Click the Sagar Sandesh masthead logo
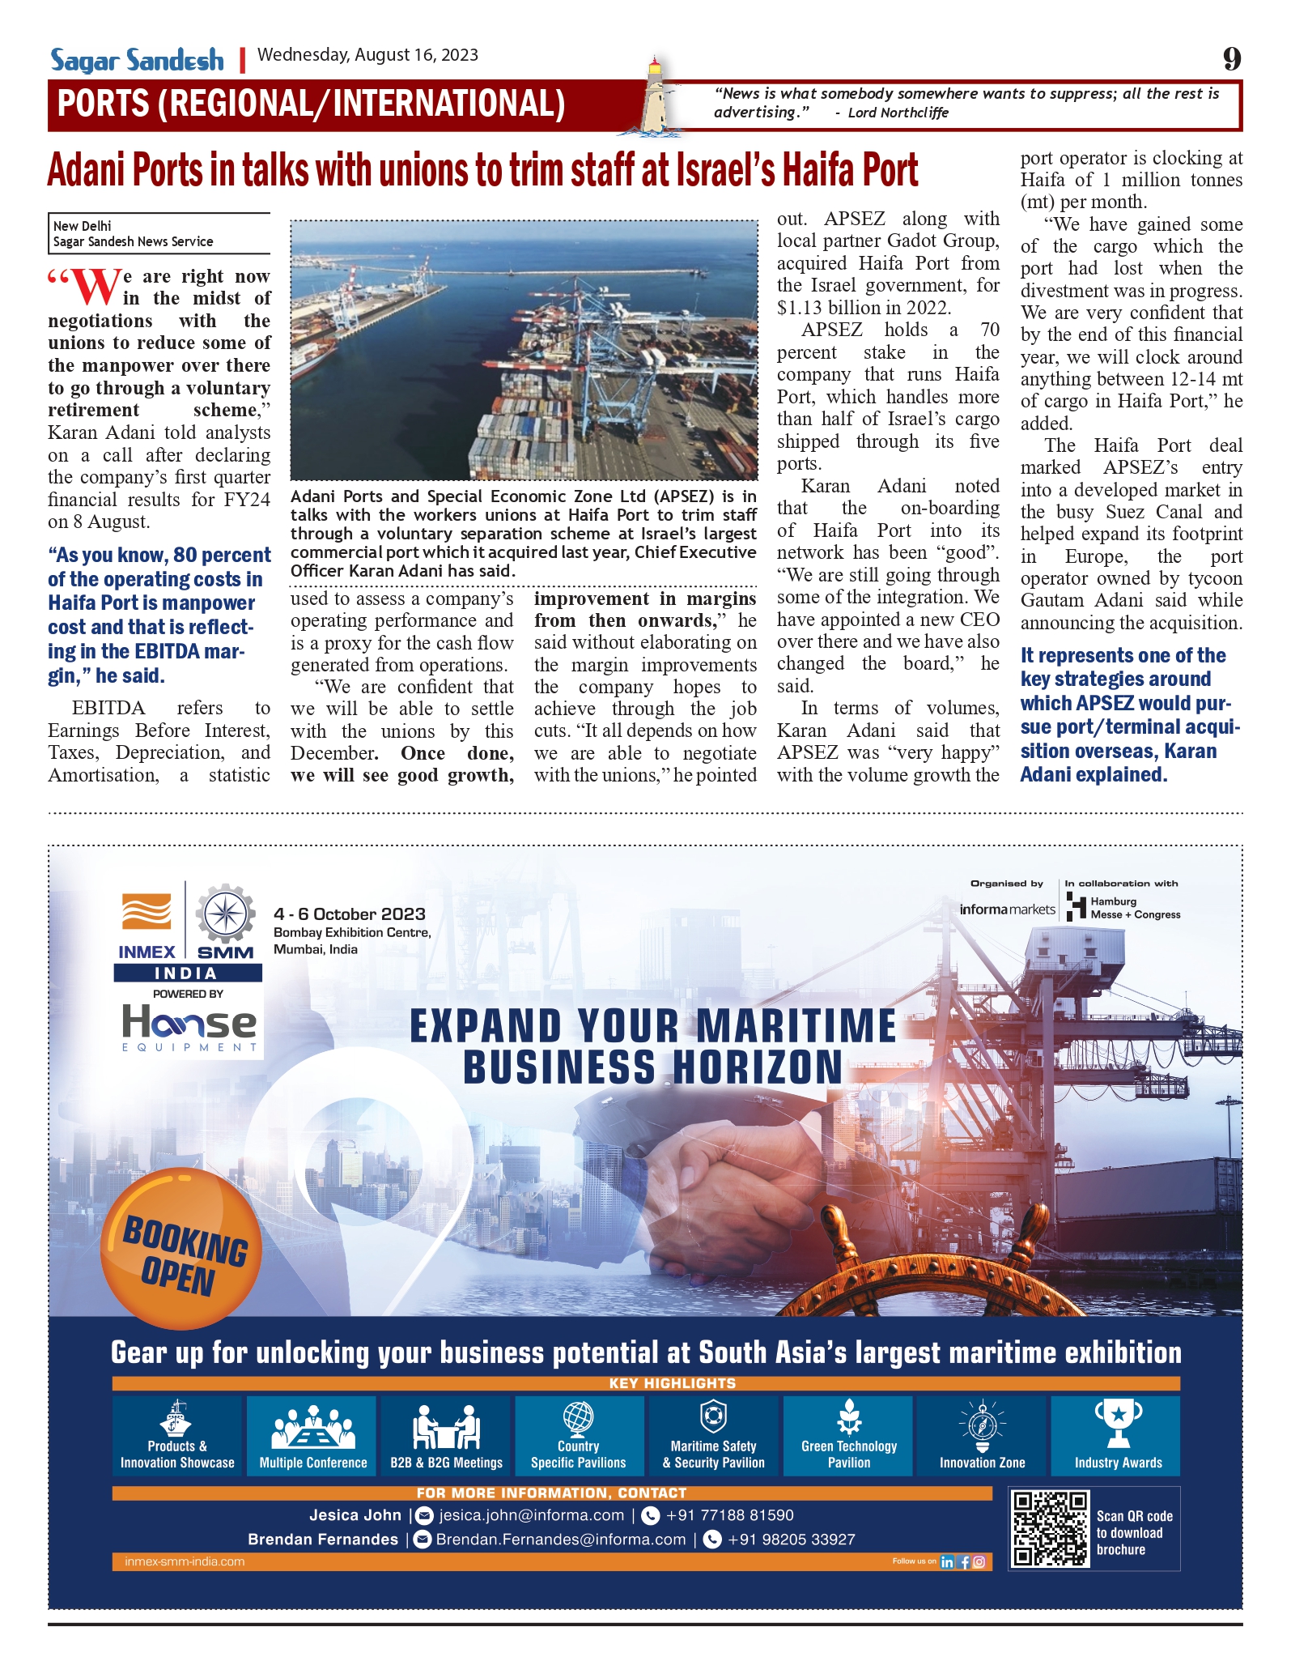[137, 61]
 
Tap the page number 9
[1231, 58]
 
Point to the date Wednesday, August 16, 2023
[367, 55]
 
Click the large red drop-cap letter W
[96, 288]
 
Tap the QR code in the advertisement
[1050, 1527]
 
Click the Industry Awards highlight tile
[1117, 1436]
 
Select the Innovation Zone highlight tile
[982, 1436]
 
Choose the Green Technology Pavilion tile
[848, 1436]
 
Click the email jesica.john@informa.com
[531, 1515]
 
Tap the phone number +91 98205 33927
[791, 1540]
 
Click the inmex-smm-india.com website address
[185, 1561]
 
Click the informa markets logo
[1007, 909]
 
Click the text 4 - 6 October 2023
[350, 914]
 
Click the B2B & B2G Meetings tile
[446, 1436]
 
